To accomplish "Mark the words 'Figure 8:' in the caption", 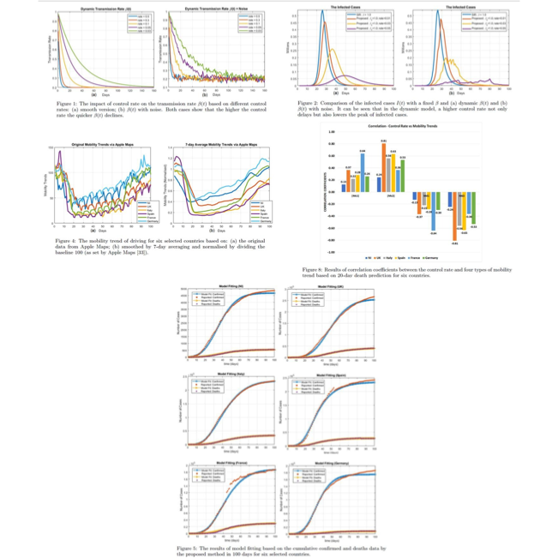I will [x=317, y=268].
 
